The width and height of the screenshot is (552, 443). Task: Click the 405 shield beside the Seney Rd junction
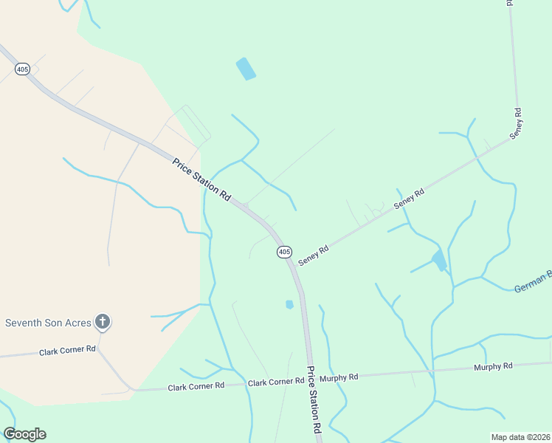coord(285,253)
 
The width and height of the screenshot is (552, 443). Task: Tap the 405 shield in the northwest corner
coord(21,69)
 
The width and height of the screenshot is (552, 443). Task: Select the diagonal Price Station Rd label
coord(201,179)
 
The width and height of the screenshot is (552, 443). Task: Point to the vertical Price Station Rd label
coord(315,399)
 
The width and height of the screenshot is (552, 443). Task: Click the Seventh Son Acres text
coord(48,323)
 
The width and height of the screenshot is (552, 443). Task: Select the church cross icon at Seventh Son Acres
coord(103,322)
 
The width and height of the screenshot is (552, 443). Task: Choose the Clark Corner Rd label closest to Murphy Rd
coord(276,382)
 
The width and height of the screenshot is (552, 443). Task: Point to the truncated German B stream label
coord(532,281)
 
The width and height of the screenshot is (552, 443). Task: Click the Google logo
coord(24,434)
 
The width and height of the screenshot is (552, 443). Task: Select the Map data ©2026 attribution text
coord(520,436)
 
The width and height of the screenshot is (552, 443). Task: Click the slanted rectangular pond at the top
coord(246,69)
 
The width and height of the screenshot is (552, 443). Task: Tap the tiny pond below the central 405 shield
coord(289,304)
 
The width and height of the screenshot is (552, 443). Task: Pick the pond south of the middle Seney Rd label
coord(439,260)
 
